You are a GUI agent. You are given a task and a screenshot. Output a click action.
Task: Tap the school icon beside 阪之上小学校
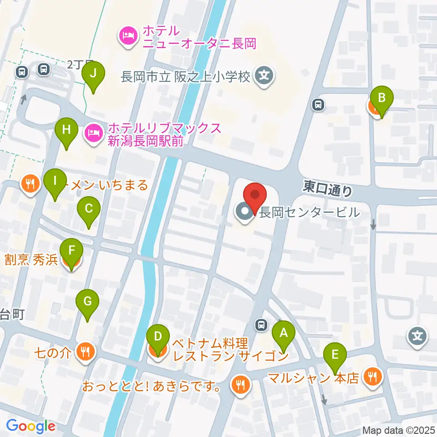(x=264, y=75)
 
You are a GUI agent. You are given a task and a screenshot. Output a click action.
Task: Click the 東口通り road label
(x=328, y=188)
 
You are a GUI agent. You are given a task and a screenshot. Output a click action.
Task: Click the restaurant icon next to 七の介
(x=85, y=351)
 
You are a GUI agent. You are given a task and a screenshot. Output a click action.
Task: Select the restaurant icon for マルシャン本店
(x=373, y=376)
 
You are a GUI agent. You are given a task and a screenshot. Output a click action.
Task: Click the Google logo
(x=30, y=426)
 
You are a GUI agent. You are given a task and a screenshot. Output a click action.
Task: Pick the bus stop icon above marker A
(x=261, y=325)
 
